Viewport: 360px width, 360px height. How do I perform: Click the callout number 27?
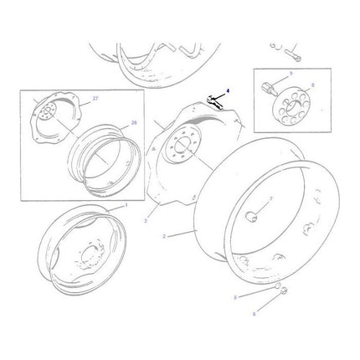(x=95, y=99)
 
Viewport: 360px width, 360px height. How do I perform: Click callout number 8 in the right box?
(x=311, y=85)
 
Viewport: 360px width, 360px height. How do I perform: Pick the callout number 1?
(x=126, y=205)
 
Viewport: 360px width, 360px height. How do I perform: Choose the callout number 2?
(x=165, y=236)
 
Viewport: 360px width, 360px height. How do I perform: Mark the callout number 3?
(x=146, y=221)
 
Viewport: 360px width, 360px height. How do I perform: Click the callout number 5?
(x=236, y=297)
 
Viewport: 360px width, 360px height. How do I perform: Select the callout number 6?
(x=255, y=313)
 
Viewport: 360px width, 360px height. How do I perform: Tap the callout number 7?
(x=270, y=199)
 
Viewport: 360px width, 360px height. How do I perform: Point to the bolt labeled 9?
(x=272, y=85)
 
